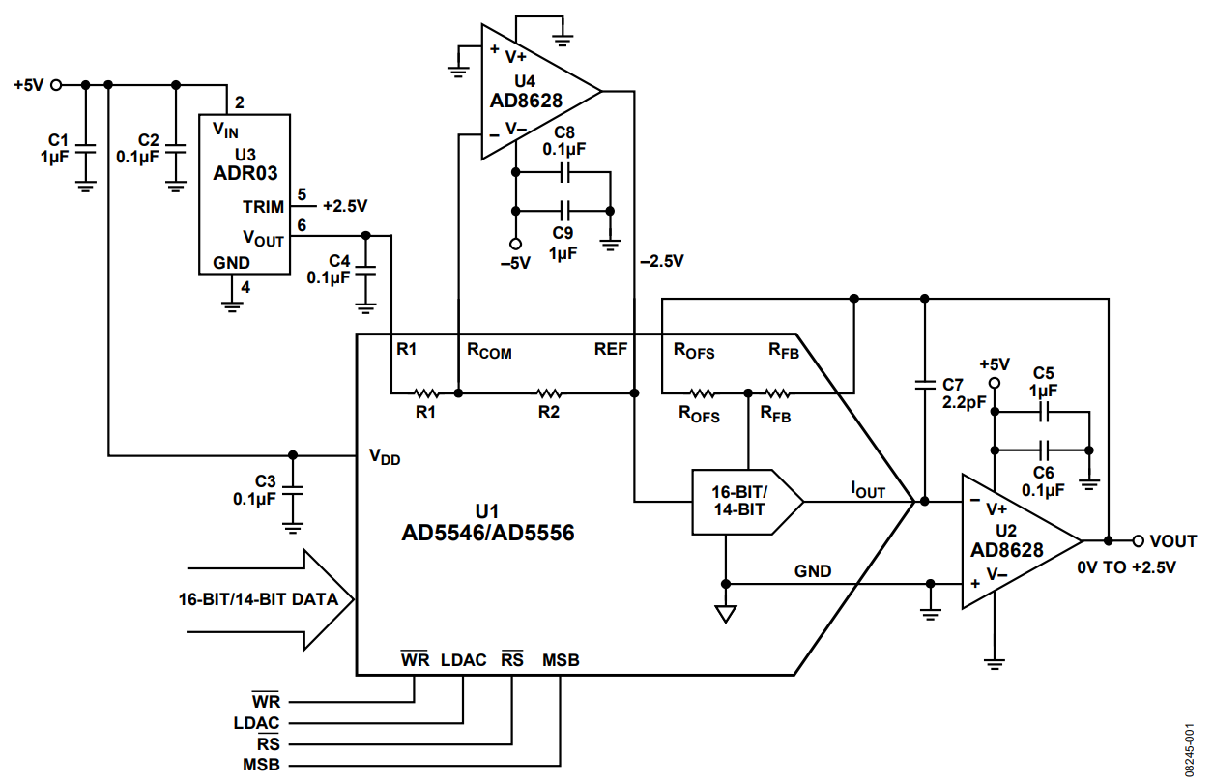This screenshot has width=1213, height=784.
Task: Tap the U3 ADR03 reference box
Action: click(244, 193)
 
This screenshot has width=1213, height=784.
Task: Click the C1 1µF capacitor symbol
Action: click(85, 151)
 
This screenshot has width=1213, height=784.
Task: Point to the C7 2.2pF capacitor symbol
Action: click(925, 386)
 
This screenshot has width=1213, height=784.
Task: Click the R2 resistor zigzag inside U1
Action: click(548, 393)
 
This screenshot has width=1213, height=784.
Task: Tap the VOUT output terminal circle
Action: click(1138, 541)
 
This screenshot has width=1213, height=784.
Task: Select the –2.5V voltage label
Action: click(661, 261)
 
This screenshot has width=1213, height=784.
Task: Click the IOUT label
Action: click(867, 491)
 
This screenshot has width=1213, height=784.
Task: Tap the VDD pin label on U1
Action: click(384, 458)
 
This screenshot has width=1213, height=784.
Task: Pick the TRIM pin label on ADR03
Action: click(263, 207)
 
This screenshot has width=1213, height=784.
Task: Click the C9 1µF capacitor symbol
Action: click(565, 210)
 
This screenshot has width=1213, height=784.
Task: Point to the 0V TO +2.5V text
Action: click(1126, 567)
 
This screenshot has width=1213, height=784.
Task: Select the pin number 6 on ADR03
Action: click(302, 224)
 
